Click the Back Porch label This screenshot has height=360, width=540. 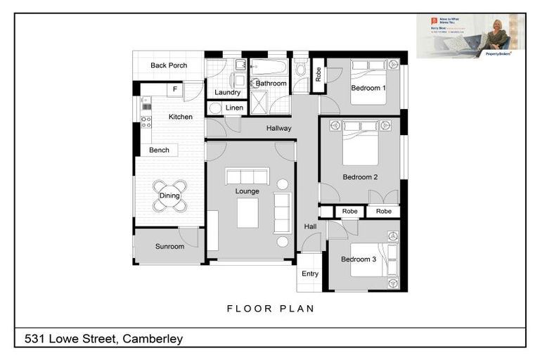[169, 65]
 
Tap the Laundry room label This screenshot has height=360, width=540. [227, 92]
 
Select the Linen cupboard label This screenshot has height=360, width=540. [234, 108]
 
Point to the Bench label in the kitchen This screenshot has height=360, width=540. [159, 150]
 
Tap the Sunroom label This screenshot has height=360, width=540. [169, 247]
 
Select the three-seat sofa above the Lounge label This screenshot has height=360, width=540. [247, 176]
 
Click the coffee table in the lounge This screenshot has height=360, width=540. [247, 212]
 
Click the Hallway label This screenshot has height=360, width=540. [278, 128]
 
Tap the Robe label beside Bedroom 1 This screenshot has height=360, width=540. [318, 75]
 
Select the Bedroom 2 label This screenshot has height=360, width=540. [361, 177]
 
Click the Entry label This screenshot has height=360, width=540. [310, 274]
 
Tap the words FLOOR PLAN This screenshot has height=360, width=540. [270, 308]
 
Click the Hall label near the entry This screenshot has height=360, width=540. [310, 226]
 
